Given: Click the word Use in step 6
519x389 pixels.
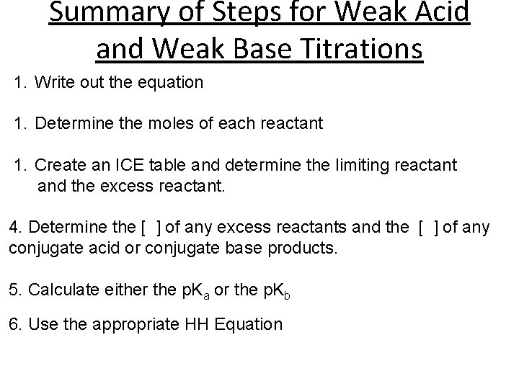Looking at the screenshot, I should pos(43,324).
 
